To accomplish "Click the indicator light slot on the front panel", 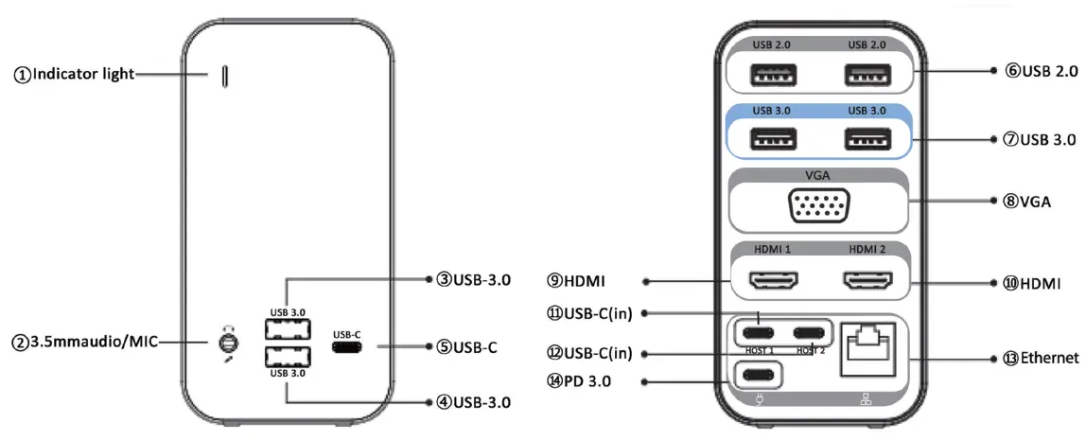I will coord(224,77).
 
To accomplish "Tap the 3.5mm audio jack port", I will coord(227,341).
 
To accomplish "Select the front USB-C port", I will coord(347,347).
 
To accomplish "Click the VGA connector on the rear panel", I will coord(819,204).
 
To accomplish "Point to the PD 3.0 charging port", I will coord(762,374).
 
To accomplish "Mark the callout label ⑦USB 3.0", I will coord(1040,140).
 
